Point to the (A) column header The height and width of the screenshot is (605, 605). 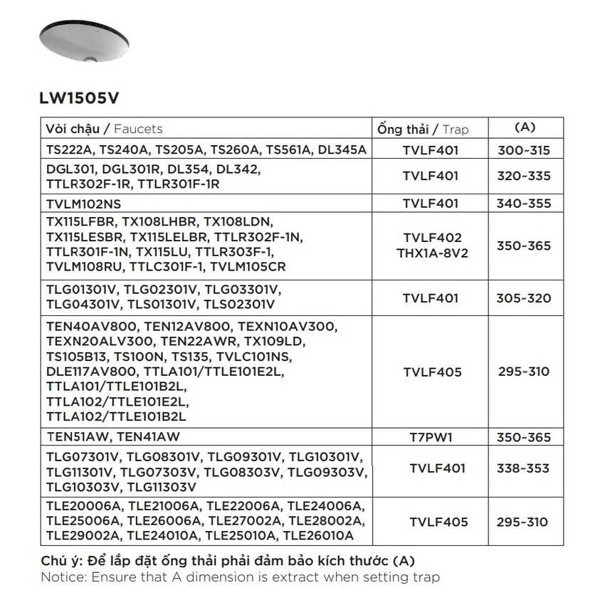click(x=524, y=127)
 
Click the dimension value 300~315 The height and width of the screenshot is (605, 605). click(x=524, y=150)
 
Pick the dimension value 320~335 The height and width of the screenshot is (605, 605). click(x=524, y=176)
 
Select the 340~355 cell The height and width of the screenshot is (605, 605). click(x=524, y=204)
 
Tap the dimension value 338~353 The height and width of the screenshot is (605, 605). click(x=524, y=468)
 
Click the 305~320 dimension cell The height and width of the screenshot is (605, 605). click(x=524, y=298)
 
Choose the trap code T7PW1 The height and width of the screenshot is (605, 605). click(x=431, y=437)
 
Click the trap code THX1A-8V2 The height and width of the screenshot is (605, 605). click(x=432, y=253)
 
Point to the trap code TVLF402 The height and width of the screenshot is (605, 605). click(x=432, y=238)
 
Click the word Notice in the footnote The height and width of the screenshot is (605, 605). click(x=62, y=577)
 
